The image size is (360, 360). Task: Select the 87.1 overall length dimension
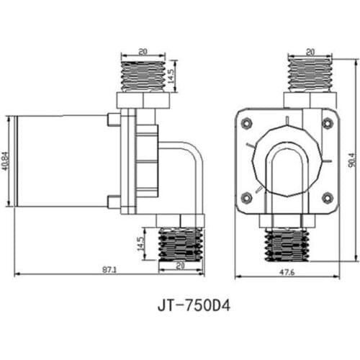pyautogui.click(x=109, y=269)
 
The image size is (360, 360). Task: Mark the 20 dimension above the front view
pyautogui.click(x=310, y=52)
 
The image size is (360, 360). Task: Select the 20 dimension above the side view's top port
pyautogui.click(x=143, y=52)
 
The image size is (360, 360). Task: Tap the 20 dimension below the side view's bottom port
pyautogui.click(x=181, y=266)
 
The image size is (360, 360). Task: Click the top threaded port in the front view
pyautogui.click(x=310, y=75)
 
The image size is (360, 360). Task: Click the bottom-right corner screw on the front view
pyautogui.click(x=328, y=197)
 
